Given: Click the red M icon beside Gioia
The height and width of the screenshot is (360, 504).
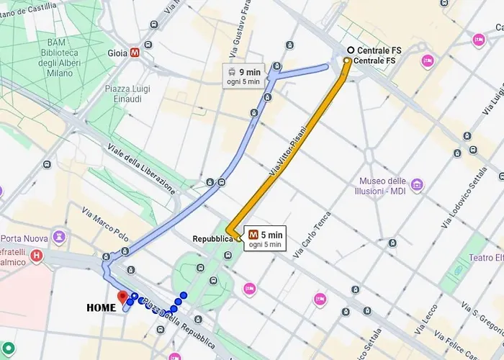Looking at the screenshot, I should point(135,53).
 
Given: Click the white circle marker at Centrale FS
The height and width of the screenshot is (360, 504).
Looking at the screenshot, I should point(351,50).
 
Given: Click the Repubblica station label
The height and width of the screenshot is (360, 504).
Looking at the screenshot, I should point(212,238).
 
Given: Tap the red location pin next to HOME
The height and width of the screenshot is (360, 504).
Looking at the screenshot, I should point(122,297).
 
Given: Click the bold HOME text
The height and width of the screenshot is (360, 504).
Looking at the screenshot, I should point(101,308).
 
